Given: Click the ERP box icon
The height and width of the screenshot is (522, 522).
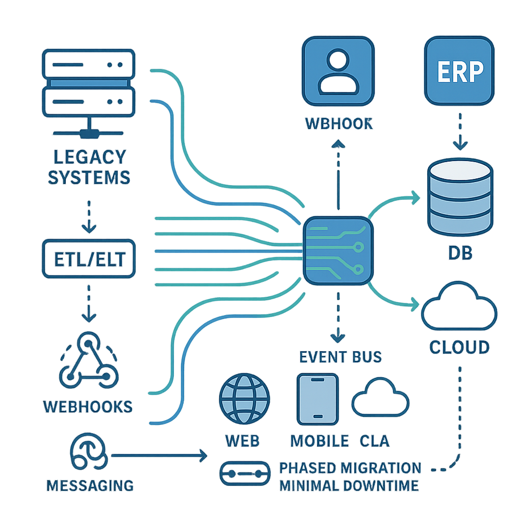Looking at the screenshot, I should (x=459, y=71).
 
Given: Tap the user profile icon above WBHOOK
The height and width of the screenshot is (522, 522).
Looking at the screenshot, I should (x=338, y=71).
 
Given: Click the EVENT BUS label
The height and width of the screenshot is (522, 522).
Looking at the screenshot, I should (x=341, y=356).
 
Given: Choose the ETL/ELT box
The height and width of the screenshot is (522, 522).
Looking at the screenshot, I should (x=89, y=259).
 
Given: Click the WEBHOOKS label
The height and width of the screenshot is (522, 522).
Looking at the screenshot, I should (x=88, y=406).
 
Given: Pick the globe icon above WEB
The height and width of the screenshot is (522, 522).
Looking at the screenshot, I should (x=244, y=400).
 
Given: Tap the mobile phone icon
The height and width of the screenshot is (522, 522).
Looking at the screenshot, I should (x=317, y=399).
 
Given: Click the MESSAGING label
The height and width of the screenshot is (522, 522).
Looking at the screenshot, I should (x=90, y=485).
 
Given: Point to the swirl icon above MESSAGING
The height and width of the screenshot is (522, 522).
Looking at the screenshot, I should (x=89, y=454).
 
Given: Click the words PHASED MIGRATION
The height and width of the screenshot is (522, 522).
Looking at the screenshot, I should (x=350, y=468).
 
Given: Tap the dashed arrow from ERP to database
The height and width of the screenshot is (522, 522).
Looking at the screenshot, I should (x=460, y=130).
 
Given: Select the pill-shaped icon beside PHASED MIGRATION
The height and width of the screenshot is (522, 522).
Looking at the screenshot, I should (x=244, y=474).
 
